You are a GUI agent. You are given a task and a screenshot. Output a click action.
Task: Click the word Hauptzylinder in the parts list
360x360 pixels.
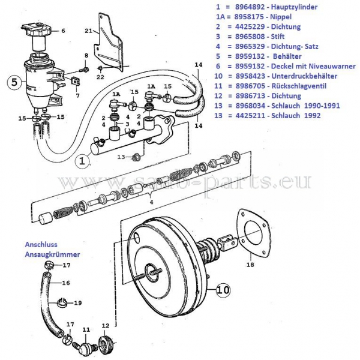pyautogui.click(x=294, y=7)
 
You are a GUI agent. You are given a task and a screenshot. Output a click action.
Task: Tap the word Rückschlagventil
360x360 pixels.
pyautogui.click(x=299, y=86)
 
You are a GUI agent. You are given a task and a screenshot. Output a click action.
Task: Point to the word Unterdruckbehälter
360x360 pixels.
pyautogui.click(x=304, y=76)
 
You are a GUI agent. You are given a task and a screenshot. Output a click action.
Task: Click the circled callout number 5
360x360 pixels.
pyautogui.click(x=14, y=82)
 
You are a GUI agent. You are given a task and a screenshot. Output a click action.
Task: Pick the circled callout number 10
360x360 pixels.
pyautogui.click(x=223, y=290)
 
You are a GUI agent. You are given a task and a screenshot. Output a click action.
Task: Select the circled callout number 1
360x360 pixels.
pyautogui.click(x=82, y=161)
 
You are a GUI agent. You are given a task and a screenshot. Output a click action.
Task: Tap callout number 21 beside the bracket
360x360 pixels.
pyautogui.click(x=88, y=31)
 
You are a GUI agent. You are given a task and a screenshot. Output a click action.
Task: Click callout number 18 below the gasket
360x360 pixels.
pyautogui.click(x=250, y=265)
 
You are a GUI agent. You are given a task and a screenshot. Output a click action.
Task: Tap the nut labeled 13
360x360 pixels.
pyautogui.click(x=137, y=157)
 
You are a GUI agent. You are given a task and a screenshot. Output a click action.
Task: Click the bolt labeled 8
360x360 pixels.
pyautogui.click(x=85, y=68)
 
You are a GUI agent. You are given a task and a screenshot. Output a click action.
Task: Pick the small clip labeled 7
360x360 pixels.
pyautogui.click(x=75, y=80)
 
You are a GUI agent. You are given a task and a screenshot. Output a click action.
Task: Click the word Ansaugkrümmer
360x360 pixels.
pyautogui.click(x=53, y=254)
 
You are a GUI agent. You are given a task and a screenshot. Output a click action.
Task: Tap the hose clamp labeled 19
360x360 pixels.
pyautogui.click(x=61, y=302)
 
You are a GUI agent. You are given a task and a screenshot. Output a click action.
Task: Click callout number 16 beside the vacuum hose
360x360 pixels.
pyautogui.click(x=66, y=283)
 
